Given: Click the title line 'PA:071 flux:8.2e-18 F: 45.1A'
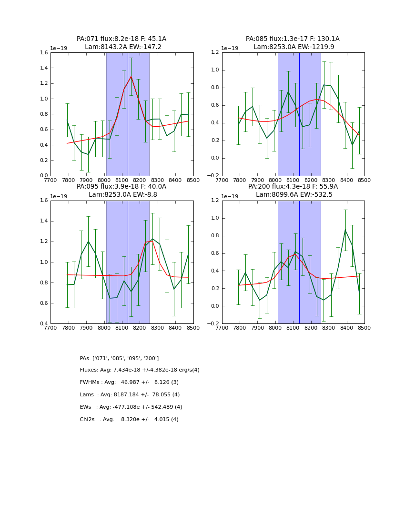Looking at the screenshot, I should tap(121, 39).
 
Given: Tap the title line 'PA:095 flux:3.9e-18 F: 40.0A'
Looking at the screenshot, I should tap(121, 187).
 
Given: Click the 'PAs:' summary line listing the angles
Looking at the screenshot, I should tap(119, 358).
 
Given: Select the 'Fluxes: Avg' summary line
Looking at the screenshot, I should tap(140, 370).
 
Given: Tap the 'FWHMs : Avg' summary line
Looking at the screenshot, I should tap(129, 383).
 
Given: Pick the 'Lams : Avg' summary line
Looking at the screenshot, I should tap(130, 395).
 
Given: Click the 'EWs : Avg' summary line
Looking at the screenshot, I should tap(131, 407).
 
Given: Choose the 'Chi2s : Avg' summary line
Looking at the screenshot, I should tap(129, 420).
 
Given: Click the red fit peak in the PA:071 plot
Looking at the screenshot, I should tap(131, 76).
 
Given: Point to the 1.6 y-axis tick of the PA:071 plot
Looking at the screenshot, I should tap(44, 53).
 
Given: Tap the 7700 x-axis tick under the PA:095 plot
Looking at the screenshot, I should tap(51, 328).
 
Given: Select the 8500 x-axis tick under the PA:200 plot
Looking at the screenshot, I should tap(364, 328).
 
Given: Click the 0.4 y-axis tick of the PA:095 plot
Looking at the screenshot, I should tap(44, 324).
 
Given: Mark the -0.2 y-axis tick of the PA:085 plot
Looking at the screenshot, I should tap(214, 176).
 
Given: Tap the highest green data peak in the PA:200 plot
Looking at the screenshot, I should tap(345, 230).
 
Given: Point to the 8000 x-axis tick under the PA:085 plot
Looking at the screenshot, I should tap(275, 180).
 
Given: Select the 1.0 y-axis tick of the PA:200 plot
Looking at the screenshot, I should tap(216, 218).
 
